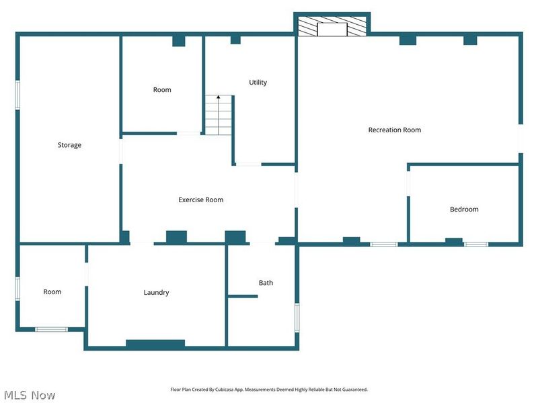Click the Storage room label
(69, 145)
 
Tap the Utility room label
(258, 83)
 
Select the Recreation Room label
(395, 130)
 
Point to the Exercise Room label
(201, 199)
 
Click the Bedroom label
(464, 210)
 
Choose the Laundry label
(156, 293)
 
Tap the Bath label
(266, 283)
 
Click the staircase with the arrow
(219, 116)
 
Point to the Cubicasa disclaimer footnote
(269, 390)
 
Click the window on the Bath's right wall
(297, 317)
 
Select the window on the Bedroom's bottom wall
(475, 244)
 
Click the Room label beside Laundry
(52, 292)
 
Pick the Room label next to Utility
(162, 90)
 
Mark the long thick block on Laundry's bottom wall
(155, 344)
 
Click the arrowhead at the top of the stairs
(219, 98)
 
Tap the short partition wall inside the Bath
(243, 296)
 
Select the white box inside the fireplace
(332, 29)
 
